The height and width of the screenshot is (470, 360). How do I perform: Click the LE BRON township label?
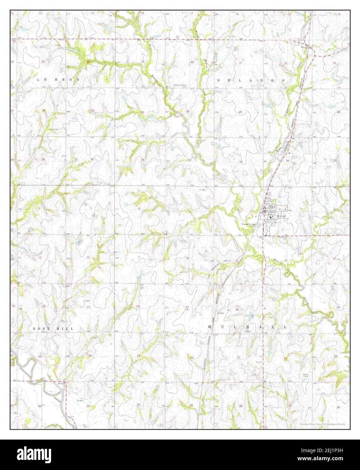point(58,79)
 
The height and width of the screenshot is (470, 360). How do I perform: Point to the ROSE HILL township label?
point(53,328)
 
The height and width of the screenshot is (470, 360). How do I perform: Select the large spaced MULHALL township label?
point(247,327)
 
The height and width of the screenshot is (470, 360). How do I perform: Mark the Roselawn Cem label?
point(273,237)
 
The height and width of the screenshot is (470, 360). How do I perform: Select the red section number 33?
point(241,162)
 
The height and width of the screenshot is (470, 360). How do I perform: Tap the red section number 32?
point(190,160)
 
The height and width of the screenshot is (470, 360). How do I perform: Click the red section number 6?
point(139,209)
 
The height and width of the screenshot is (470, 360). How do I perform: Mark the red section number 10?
point(285,260)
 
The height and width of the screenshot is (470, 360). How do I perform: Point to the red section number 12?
point(88,258)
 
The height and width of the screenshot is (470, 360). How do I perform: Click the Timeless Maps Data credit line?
point(322,424)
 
